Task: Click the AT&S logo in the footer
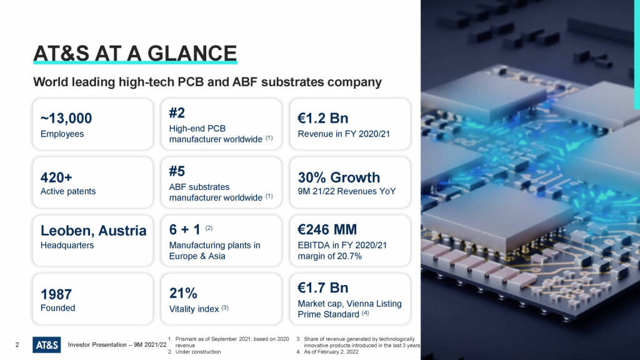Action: [46, 345]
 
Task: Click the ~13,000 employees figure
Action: [66, 118]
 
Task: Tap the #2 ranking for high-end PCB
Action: [177, 112]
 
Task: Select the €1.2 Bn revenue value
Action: [323, 118]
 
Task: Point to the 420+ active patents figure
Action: [56, 177]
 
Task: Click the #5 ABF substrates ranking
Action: [177, 171]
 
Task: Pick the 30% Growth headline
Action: [339, 177]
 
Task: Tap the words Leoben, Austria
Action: [94, 231]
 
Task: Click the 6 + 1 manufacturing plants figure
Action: [185, 229]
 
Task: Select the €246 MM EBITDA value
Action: [327, 229]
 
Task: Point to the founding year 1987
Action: [56, 294]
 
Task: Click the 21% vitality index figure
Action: [183, 293]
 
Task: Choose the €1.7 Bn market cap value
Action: [323, 287]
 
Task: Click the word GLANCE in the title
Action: [192, 54]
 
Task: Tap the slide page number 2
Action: [17, 345]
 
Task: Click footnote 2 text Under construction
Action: [198, 352]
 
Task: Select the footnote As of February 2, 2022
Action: [331, 352]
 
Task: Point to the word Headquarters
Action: [67, 245]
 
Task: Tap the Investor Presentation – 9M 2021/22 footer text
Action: [117, 345]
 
